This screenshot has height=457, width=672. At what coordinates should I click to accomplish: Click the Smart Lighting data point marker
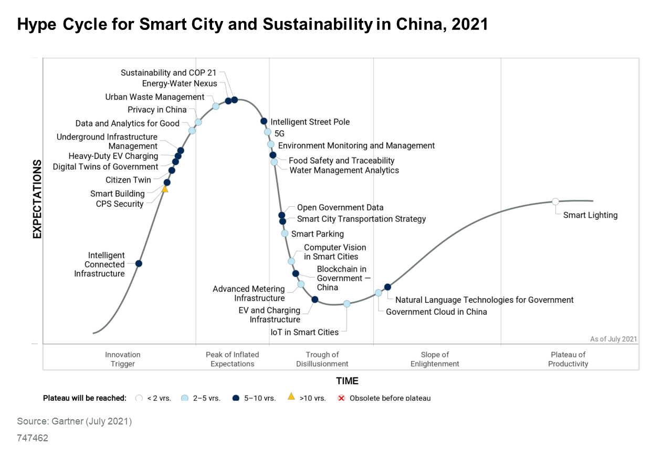(x=555, y=201)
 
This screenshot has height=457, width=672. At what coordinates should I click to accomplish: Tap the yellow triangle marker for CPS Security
(x=165, y=189)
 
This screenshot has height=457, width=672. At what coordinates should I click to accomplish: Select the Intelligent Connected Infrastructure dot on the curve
(x=139, y=263)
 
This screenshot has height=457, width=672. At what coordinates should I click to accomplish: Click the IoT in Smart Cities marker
(x=346, y=304)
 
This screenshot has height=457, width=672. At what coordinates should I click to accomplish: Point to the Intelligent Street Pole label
(x=310, y=122)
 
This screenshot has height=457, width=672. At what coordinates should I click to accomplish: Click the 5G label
(x=279, y=134)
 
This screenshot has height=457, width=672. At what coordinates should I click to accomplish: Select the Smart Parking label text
(x=318, y=234)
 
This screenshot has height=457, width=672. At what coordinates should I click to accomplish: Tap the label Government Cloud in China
(x=436, y=312)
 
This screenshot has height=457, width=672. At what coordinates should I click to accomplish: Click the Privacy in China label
(x=157, y=110)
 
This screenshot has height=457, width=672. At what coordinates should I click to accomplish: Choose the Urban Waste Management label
(x=155, y=97)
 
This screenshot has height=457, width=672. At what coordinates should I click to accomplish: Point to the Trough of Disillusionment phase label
(x=322, y=359)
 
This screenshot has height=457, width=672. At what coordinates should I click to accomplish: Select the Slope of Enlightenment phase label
(x=435, y=359)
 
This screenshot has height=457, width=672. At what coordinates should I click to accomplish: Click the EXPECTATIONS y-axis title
(x=37, y=199)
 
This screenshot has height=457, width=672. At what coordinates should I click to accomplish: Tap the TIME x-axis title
(x=348, y=381)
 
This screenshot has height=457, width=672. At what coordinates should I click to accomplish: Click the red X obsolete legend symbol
(x=341, y=398)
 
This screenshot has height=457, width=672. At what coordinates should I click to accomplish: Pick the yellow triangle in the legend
(x=291, y=397)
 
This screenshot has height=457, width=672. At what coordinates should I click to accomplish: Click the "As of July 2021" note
(x=613, y=339)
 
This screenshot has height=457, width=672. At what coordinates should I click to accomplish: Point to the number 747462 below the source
(x=33, y=438)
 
